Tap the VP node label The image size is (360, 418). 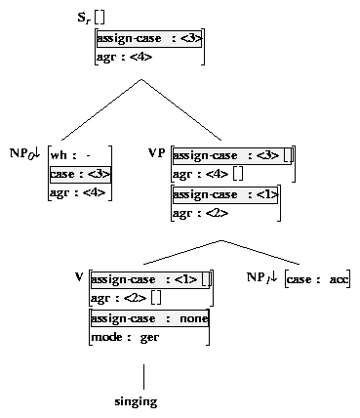[156, 153]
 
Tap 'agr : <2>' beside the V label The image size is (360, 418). [117, 297]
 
